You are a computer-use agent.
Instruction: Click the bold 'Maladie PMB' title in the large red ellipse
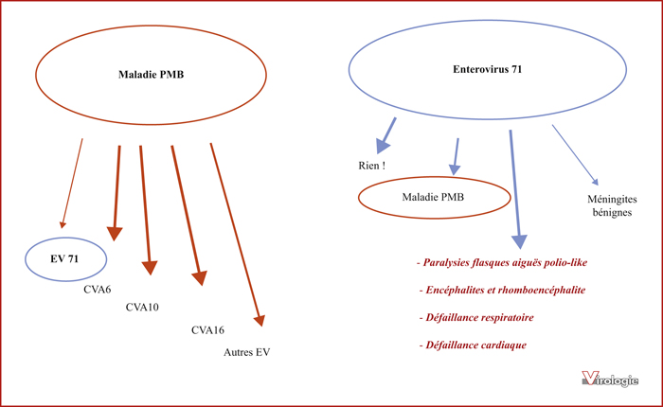coord(151,75)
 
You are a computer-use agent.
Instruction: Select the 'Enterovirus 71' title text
coord(488,69)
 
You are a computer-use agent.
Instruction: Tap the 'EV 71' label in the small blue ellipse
coord(64,258)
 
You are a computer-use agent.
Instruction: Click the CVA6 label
coord(98,290)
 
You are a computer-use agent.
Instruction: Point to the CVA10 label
coord(142,308)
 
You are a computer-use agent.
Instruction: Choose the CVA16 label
coord(207,330)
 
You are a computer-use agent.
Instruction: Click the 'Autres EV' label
coord(247,352)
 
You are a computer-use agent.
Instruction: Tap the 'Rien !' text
coord(371,166)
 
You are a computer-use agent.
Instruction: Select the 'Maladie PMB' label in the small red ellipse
coord(433,197)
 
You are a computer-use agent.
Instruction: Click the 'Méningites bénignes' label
coord(612,205)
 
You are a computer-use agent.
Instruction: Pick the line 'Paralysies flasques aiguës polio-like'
coord(502,263)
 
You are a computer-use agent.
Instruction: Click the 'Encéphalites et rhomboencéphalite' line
coord(502,291)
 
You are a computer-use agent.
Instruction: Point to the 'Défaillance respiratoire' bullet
coord(476,318)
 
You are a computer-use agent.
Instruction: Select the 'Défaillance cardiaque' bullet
coord(473,345)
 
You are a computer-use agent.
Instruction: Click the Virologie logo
coord(610,379)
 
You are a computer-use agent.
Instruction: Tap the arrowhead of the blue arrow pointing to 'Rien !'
coord(382,146)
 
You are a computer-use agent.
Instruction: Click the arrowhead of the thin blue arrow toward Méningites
coord(596,182)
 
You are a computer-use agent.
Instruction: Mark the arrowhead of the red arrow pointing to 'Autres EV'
coord(260,320)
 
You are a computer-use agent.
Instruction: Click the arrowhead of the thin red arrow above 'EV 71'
coord(63,224)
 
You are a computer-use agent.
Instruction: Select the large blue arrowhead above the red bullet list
coord(519,241)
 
